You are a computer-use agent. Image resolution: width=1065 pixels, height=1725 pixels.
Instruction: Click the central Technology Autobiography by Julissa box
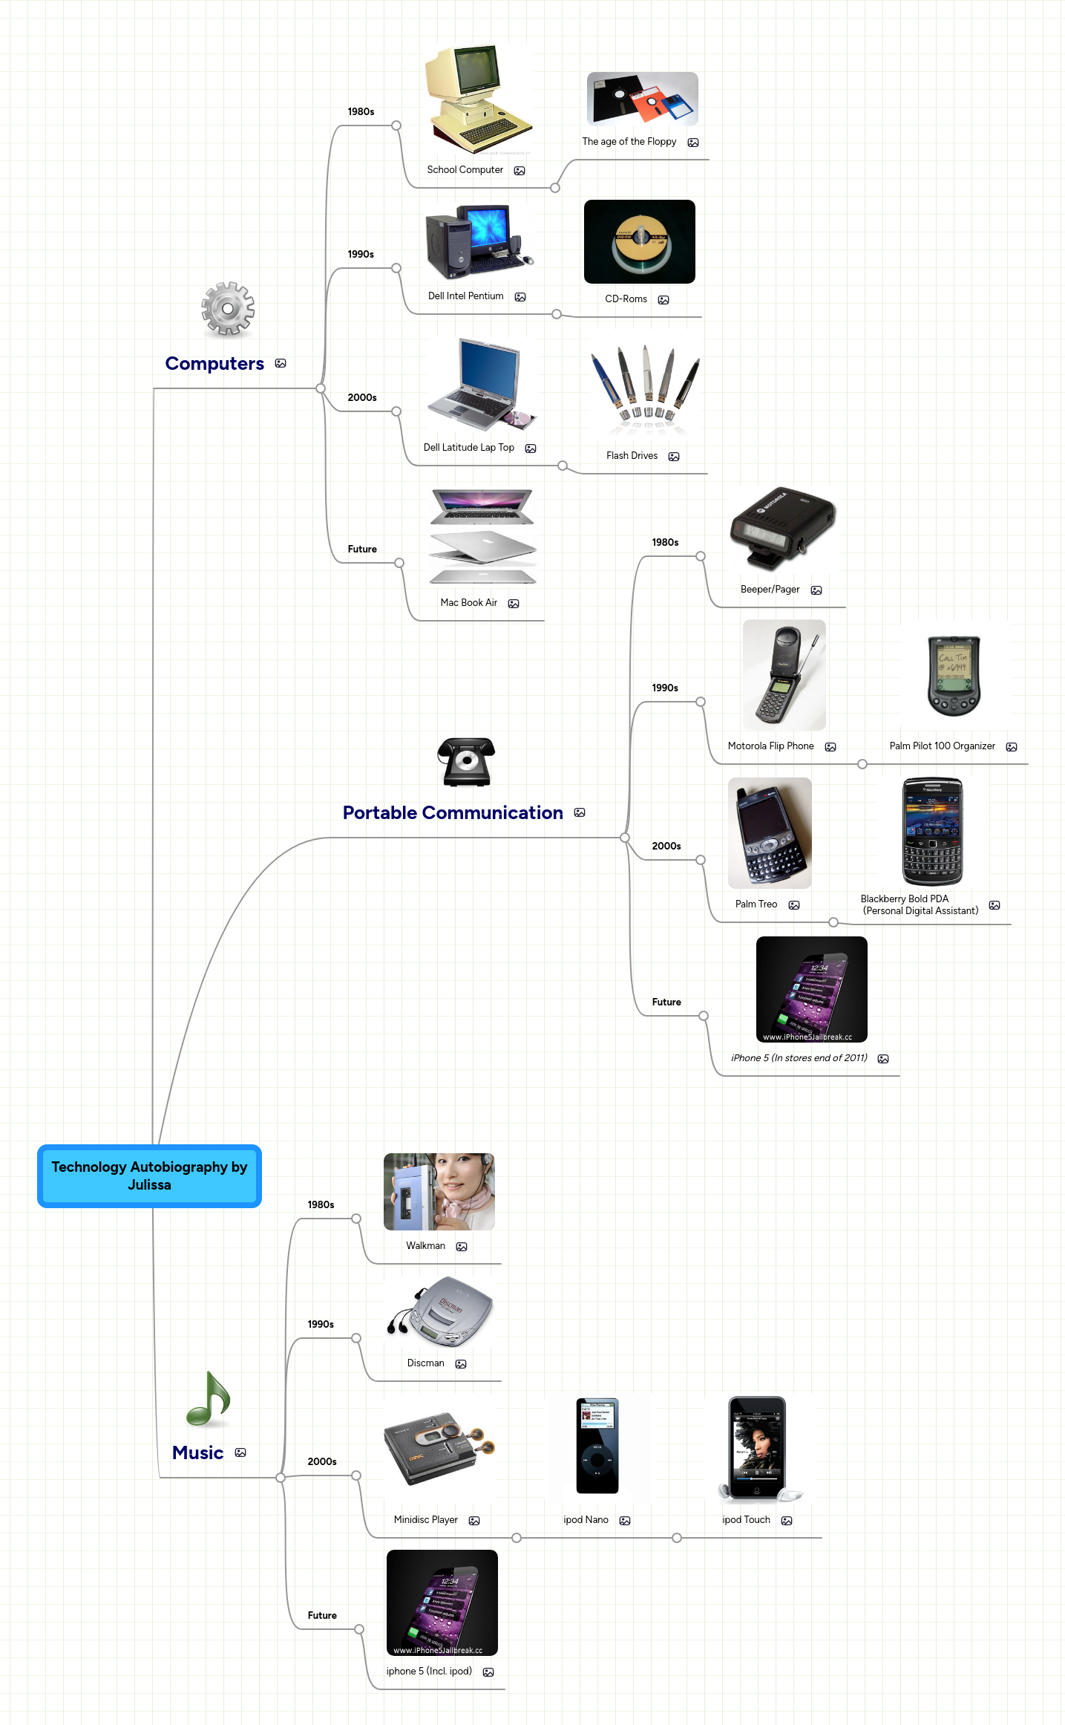click(149, 1175)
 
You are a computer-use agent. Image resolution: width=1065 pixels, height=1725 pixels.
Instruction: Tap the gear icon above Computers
click(228, 308)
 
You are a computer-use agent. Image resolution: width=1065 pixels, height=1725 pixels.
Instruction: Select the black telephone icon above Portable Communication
click(466, 762)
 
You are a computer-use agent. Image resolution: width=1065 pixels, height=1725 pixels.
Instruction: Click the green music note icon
click(209, 1398)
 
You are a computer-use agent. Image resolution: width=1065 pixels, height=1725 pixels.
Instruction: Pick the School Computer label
click(465, 170)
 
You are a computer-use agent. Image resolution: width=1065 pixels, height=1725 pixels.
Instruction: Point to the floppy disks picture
click(642, 100)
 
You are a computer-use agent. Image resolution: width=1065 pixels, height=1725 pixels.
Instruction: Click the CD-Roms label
click(626, 299)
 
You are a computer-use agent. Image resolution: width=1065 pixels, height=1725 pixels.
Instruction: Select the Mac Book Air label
click(468, 603)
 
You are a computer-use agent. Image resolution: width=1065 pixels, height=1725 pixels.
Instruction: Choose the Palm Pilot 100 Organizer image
click(954, 675)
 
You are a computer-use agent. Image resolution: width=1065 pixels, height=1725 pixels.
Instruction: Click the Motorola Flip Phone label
click(770, 746)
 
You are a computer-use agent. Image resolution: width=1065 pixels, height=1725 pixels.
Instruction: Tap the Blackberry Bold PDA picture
click(932, 832)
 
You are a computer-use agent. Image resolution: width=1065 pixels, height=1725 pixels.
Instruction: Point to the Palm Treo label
click(756, 904)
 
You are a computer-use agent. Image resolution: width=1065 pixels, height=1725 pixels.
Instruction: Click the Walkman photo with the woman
click(439, 1192)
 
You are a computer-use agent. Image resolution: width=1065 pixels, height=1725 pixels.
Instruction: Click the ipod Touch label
click(746, 1520)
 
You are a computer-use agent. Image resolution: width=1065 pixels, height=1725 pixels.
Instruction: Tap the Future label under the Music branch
click(322, 1616)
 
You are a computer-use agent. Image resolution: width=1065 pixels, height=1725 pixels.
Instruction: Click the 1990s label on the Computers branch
click(361, 255)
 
